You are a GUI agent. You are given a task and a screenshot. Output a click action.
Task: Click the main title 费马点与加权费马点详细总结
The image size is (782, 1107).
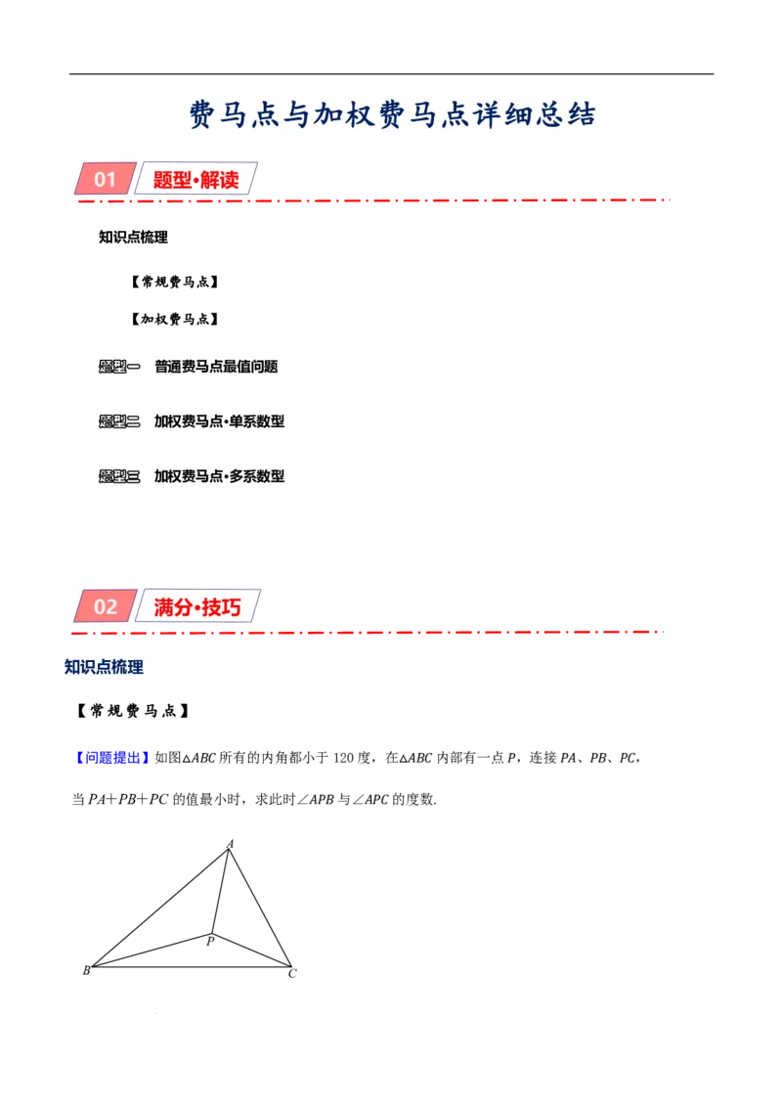pyautogui.click(x=392, y=114)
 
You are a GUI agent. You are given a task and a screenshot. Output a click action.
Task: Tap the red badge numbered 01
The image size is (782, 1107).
pyautogui.click(x=106, y=179)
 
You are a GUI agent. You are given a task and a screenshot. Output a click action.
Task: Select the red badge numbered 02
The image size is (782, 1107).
pyautogui.click(x=106, y=606)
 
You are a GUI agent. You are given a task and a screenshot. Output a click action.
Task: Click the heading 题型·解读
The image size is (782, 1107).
pyautogui.click(x=195, y=179)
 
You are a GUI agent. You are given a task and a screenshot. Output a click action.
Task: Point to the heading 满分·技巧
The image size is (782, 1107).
pyautogui.click(x=196, y=607)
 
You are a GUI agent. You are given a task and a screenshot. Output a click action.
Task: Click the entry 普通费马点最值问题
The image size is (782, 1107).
pyautogui.click(x=216, y=367)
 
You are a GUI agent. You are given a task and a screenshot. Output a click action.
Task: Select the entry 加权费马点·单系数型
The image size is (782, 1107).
pyautogui.click(x=220, y=421)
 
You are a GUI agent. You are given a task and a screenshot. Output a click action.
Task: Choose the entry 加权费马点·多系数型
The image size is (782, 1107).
pyautogui.click(x=220, y=476)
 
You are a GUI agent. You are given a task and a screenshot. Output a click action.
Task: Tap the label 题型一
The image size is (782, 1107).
pyautogui.click(x=119, y=367)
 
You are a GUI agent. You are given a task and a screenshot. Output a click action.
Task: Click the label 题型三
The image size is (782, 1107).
pyautogui.click(x=119, y=476)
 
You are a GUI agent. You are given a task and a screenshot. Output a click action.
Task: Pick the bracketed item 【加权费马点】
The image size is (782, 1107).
pyautogui.click(x=174, y=319)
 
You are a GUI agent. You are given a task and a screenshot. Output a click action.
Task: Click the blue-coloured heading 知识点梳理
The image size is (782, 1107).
pyautogui.click(x=104, y=667)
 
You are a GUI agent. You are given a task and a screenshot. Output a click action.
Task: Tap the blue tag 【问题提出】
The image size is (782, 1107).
pyautogui.click(x=111, y=758)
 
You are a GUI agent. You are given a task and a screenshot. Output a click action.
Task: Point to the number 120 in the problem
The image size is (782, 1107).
pyautogui.click(x=343, y=758)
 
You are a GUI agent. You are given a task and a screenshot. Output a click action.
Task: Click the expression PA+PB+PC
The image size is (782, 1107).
pyautogui.click(x=128, y=799)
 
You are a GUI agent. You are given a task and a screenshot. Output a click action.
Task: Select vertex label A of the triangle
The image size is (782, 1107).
pyautogui.click(x=230, y=844)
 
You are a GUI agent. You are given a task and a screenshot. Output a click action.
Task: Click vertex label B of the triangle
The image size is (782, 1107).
pyautogui.click(x=86, y=971)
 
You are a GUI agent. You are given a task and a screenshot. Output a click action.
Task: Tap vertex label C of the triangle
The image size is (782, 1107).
pyautogui.click(x=292, y=974)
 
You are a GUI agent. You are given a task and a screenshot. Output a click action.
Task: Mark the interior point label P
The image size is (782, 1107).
pyautogui.click(x=210, y=941)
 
